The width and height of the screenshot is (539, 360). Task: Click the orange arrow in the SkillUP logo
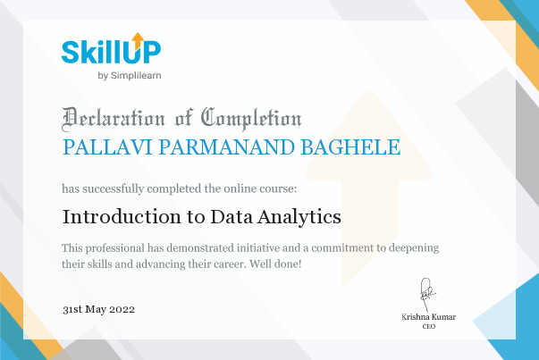click(138, 40)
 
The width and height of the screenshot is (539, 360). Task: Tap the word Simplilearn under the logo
click(136, 76)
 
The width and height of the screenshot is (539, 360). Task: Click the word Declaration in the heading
click(114, 119)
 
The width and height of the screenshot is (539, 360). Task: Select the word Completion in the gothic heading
click(251, 119)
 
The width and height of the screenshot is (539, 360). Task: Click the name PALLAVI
click(107, 147)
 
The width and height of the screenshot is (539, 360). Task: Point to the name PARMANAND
click(227, 147)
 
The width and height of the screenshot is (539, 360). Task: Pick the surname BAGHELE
click(350, 147)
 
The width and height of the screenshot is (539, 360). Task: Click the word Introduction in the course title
click(122, 217)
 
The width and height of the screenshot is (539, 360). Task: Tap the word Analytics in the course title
click(299, 217)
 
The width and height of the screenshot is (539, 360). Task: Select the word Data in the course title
click(232, 217)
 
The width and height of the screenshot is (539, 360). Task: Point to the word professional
click(114, 248)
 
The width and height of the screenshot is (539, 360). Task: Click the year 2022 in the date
click(122, 309)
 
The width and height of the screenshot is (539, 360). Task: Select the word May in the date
click(96, 310)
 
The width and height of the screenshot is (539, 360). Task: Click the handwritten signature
click(427, 294)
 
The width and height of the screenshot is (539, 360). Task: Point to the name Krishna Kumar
click(429, 317)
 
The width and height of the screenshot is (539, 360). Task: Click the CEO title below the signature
click(429, 326)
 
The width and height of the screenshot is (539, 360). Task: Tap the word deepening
click(414, 248)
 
